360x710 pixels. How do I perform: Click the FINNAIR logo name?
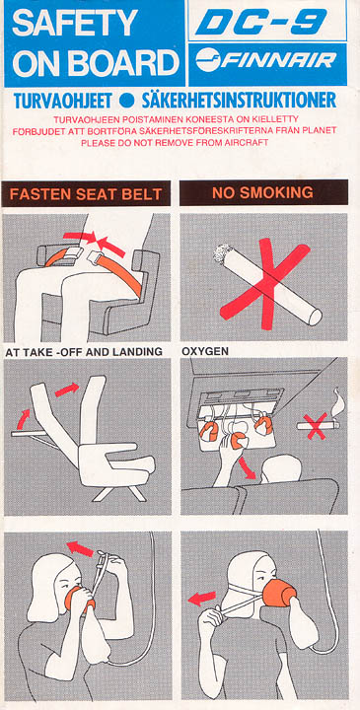pyautogui.click(x=279, y=61)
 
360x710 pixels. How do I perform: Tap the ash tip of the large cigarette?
pyautogui.click(x=219, y=254)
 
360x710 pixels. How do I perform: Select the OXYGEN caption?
pyautogui.click(x=205, y=351)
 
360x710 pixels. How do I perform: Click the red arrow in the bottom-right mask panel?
pyautogui.click(x=203, y=596)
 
